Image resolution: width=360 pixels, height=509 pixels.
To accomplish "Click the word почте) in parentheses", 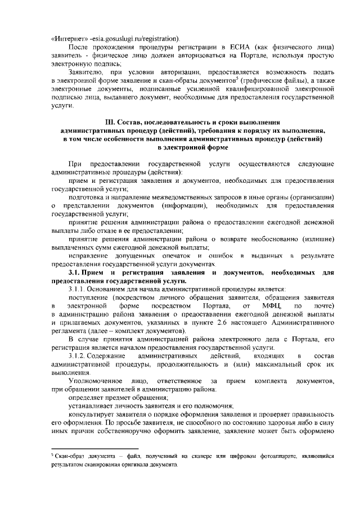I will (325, 305).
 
